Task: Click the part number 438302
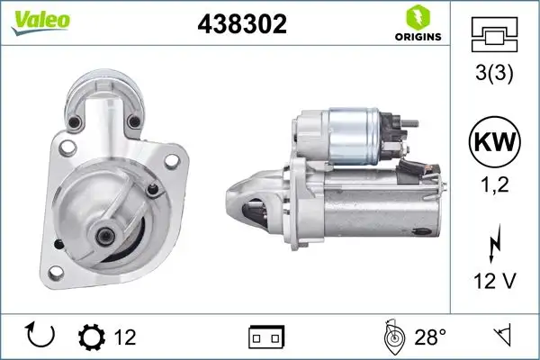tap(241, 25)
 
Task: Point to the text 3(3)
tap(494, 74)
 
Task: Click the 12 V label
tap(494, 281)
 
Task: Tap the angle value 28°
tap(430, 337)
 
